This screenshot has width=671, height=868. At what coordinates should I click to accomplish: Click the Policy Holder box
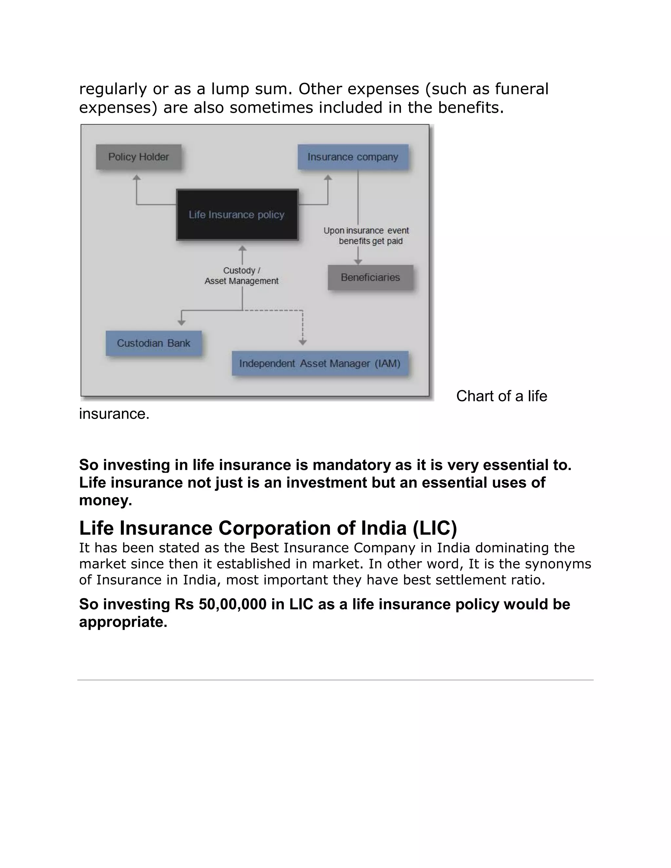[138, 157]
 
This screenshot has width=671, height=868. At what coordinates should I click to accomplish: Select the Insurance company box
[353, 157]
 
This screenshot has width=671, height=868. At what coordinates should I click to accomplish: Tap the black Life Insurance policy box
[237, 215]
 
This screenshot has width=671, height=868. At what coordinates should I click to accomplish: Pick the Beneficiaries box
[370, 277]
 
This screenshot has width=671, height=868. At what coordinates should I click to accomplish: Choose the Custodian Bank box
[153, 343]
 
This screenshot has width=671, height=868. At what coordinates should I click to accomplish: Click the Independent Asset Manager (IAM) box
[319, 363]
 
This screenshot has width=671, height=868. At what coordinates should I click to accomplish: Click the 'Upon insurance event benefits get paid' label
[366, 236]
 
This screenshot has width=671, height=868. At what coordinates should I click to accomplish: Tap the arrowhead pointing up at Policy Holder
[137, 178]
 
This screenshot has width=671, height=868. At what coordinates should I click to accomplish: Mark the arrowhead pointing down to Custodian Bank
[181, 322]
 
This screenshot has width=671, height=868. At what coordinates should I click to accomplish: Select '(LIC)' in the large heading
[434, 528]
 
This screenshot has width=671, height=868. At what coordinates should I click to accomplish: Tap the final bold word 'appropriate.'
[123, 622]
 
